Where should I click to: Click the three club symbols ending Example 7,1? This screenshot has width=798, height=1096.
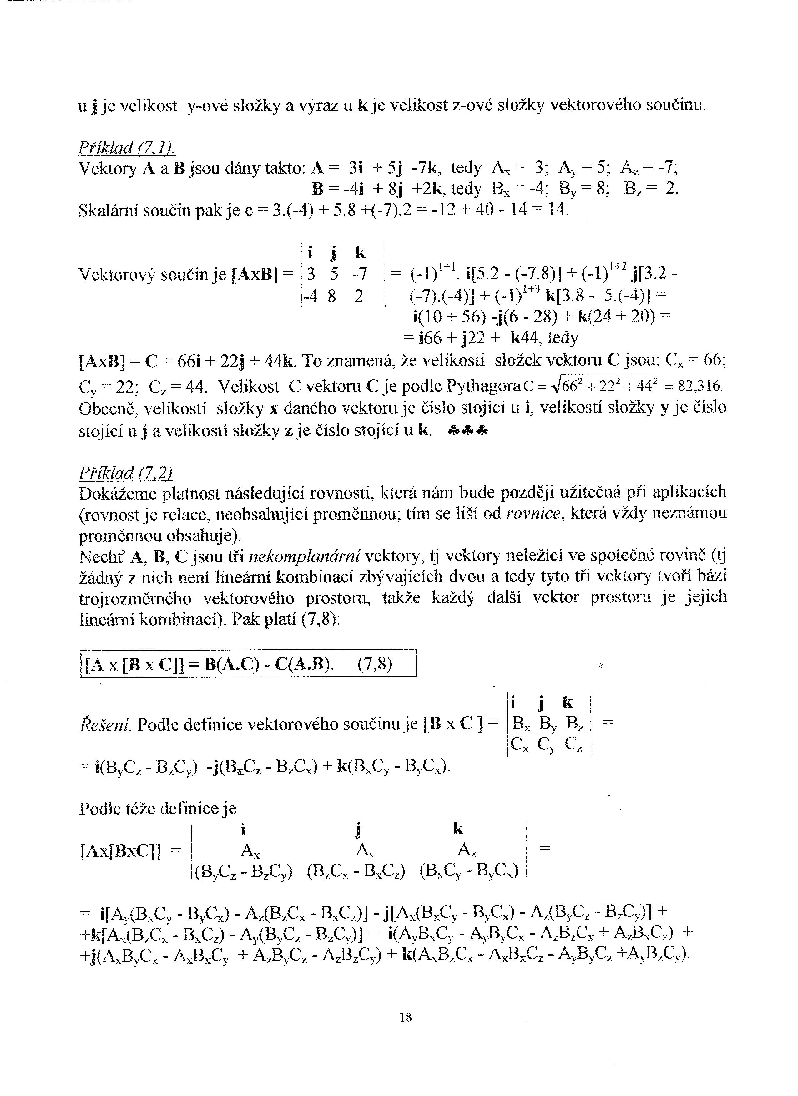click(468, 431)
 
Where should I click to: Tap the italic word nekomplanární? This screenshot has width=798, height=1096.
click(304, 557)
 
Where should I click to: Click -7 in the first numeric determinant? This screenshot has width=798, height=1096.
click(360, 274)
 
